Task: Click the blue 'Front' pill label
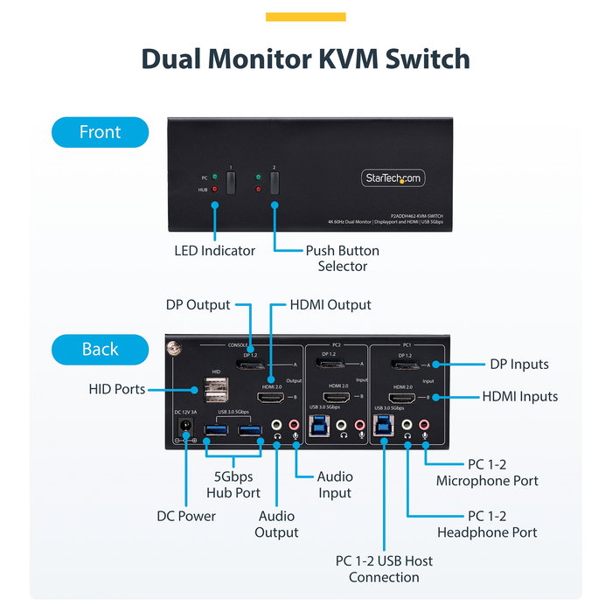tap(100, 132)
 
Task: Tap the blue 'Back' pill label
tap(100, 349)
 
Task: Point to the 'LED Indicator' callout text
tap(214, 251)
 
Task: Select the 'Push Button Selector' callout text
tap(342, 258)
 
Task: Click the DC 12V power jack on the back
tap(185, 427)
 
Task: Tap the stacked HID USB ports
tap(217, 390)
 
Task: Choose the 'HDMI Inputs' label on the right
tap(519, 396)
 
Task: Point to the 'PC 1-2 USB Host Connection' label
tap(384, 569)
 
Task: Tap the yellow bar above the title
tap(305, 17)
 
